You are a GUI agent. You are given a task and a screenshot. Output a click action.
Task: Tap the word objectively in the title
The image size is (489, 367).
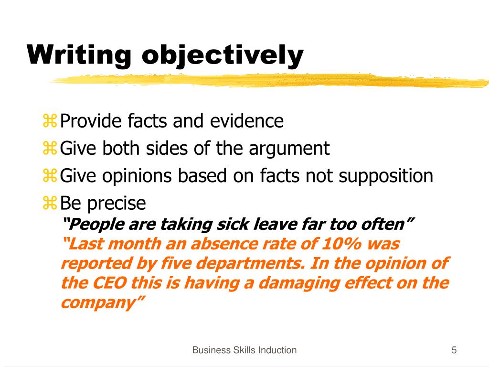[223, 55]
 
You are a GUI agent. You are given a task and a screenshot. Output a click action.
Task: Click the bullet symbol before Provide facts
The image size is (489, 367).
[50, 122]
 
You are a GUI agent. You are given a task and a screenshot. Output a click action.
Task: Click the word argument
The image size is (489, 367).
[289, 149]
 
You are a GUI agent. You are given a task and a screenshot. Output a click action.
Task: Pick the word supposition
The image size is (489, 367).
[386, 176]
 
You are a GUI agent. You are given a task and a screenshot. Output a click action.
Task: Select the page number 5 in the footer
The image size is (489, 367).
[454, 350]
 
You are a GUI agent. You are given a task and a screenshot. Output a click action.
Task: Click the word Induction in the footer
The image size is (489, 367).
[277, 350]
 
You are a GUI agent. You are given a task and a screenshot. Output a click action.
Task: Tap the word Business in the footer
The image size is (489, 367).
[209, 350]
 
